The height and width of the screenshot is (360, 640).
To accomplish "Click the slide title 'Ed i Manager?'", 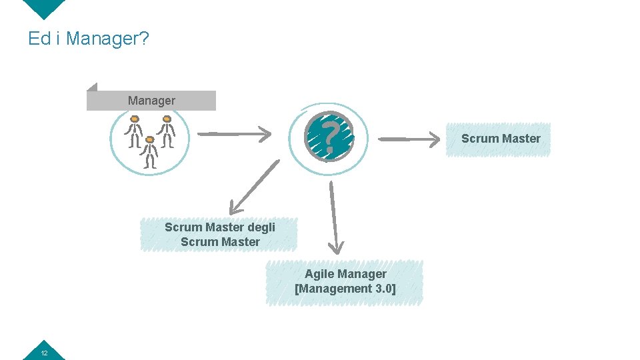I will tap(88, 39).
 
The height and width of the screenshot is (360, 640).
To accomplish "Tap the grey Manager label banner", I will tap(151, 101).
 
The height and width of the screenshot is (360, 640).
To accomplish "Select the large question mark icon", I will tap(329, 136).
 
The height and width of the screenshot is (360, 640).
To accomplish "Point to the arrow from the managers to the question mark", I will tap(235, 134).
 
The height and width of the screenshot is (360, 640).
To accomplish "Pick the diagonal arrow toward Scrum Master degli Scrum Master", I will tap(254, 186).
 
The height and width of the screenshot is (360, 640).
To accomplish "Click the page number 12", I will tap(43, 352).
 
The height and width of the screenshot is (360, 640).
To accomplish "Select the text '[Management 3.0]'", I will tap(345, 289).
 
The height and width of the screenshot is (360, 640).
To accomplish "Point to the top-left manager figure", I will tap(135, 130).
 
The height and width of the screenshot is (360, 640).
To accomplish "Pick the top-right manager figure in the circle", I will tap(167, 130).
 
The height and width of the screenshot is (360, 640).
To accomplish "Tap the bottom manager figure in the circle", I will tap(151, 152).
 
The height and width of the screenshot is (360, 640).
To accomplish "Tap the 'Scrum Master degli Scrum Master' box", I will tap(219, 235).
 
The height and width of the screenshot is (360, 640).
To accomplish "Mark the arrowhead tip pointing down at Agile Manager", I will tap(337, 253).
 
